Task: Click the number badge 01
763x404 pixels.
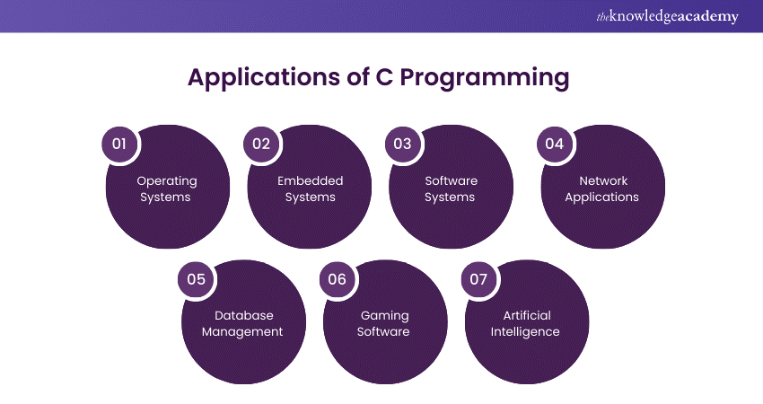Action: pos(119,144)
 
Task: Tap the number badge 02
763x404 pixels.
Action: pos(260,144)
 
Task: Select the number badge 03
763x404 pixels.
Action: pos(402,144)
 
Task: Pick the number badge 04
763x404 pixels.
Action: pos(554,144)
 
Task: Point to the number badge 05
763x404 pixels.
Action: pos(196,279)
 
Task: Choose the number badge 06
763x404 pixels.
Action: pos(337,279)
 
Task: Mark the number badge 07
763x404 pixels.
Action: pos(478,279)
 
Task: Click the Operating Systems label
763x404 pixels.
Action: pos(166,189)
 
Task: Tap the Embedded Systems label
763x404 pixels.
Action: pos(310,189)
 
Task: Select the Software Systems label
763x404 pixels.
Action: pos(451,189)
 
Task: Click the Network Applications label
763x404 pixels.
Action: pos(601,189)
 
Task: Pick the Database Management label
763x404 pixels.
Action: pos(242,323)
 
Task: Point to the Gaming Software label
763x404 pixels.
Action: pos(384,323)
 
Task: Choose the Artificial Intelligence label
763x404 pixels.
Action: pos(527,323)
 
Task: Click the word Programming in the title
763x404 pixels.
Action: pos(485,79)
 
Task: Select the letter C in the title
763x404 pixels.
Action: pos(382,77)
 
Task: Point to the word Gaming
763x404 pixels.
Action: pos(384,315)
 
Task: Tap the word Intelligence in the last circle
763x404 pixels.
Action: pos(527,331)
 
